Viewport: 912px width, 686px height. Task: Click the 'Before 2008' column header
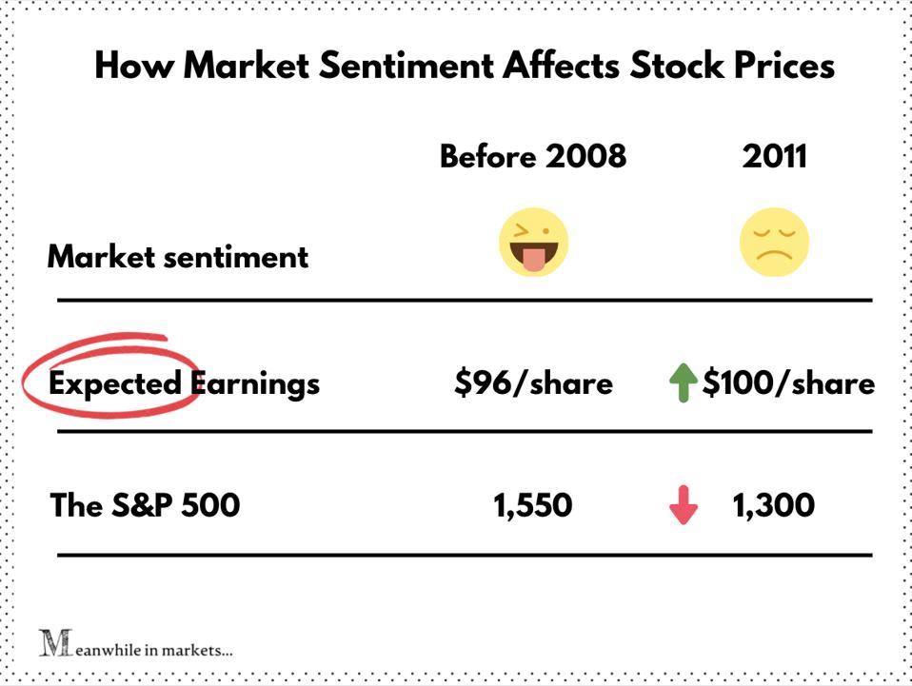pos(533,156)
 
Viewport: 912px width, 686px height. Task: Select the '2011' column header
pos(774,156)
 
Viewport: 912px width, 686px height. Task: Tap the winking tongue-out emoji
pos(533,244)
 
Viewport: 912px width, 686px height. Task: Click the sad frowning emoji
pos(774,244)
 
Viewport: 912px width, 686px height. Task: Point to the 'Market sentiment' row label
pos(178,257)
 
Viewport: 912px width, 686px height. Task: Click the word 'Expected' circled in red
pos(114,382)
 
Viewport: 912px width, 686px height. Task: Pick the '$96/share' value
pos(533,382)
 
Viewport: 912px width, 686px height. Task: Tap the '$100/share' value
pos(788,382)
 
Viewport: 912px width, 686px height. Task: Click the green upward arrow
pos(684,384)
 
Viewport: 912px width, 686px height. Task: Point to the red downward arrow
pos(684,506)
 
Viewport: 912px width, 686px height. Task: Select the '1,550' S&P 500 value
pos(533,505)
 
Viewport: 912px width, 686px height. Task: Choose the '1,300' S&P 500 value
pos(774,505)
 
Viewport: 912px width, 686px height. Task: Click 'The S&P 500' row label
pos(145,505)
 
